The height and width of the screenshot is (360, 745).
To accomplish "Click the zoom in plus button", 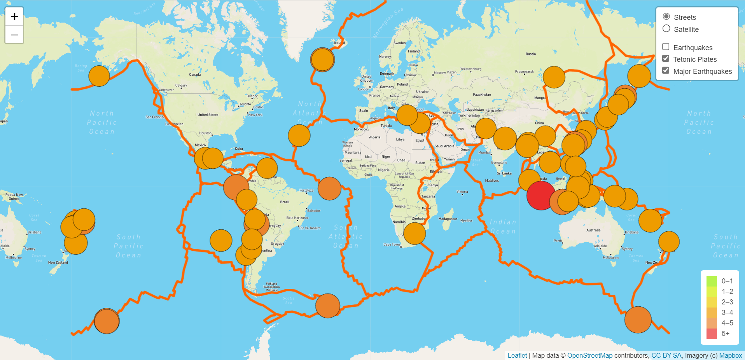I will pyautogui.click(x=14, y=16).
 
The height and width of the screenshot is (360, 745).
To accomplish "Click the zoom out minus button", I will pyautogui.click(x=14, y=35).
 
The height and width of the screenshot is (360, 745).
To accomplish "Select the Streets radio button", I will pyautogui.click(x=666, y=17).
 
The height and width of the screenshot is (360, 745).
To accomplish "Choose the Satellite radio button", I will pyautogui.click(x=666, y=29).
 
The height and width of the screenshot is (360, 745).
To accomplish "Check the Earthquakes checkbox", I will pyautogui.click(x=666, y=47).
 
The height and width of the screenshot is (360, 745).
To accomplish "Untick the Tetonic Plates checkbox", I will pyautogui.click(x=666, y=59).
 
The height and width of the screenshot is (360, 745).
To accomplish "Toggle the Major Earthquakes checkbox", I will pyautogui.click(x=666, y=71).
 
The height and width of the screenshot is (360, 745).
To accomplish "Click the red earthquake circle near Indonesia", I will pyautogui.click(x=540, y=196).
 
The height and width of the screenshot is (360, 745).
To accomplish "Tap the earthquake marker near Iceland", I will pyautogui.click(x=322, y=59).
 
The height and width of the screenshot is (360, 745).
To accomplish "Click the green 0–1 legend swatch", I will pyautogui.click(x=712, y=281).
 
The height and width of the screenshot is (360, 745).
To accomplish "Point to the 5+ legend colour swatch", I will pyautogui.click(x=712, y=334).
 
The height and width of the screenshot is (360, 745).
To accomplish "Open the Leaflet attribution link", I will pyautogui.click(x=517, y=355).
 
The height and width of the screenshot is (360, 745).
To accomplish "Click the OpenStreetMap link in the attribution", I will pyautogui.click(x=589, y=355).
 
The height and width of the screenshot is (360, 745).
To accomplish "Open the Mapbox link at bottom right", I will pyautogui.click(x=731, y=355).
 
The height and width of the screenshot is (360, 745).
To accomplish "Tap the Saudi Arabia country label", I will pyautogui.click(x=444, y=146).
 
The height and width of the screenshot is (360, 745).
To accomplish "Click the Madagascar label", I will pyautogui.click(x=448, y=219).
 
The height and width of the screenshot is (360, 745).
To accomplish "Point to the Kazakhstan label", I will pyautogui.click(x=482, y=94).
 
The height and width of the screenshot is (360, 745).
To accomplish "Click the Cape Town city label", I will pyautogui.click(x=391, y=245).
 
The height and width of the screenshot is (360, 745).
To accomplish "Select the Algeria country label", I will pyautogui.click(x=374, y=137).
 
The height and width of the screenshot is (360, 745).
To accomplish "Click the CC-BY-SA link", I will pyautogui.click(x=666, y=355).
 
